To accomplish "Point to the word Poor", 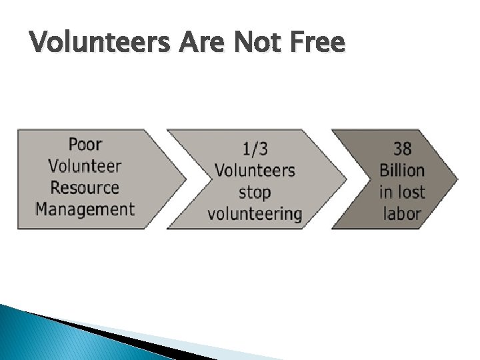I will tap(85, 144).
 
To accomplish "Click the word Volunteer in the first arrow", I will tap(85, 166).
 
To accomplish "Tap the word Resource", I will tap(85, 187).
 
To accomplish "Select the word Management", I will tap(85, 209).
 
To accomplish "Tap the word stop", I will tap(255, 192).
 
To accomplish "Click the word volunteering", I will tap(255, 214).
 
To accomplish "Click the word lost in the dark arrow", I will tap(411, 192).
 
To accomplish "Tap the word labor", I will tap(402, 214).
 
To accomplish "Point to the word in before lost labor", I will tap(385, 192).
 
